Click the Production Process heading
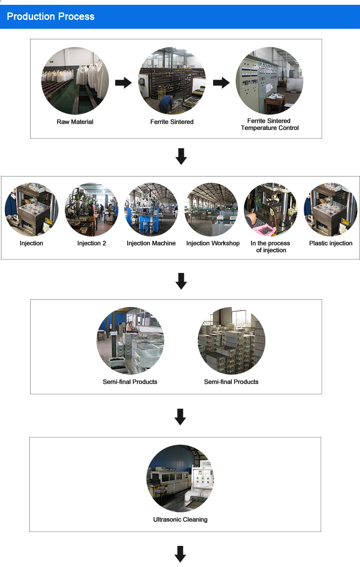(x=50, y=17)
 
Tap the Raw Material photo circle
(x=75, y=81)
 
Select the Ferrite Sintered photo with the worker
(x=172, y=81)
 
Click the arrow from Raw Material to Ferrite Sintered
(x=123, y=83)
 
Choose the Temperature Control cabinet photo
(x=269, y=81)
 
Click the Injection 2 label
(x=92, y=243)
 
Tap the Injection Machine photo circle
(x=151, y=210)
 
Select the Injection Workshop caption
(x=213, y=243)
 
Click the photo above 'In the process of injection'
(x=271, y=210)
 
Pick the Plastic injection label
(x=331, y=243)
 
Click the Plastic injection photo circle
(x=331, y=210)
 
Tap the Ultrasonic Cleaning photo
(x=180, y=479)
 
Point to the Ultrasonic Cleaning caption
(x=180, y=520)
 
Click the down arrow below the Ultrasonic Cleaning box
(x=180, y=554)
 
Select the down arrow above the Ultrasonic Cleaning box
(x=180, y=416)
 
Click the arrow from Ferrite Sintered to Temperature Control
(x=221, y=83)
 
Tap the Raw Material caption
(x=75, y=122)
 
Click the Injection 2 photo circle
(x=92, y=210)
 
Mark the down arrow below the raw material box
(x=181, y=156)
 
